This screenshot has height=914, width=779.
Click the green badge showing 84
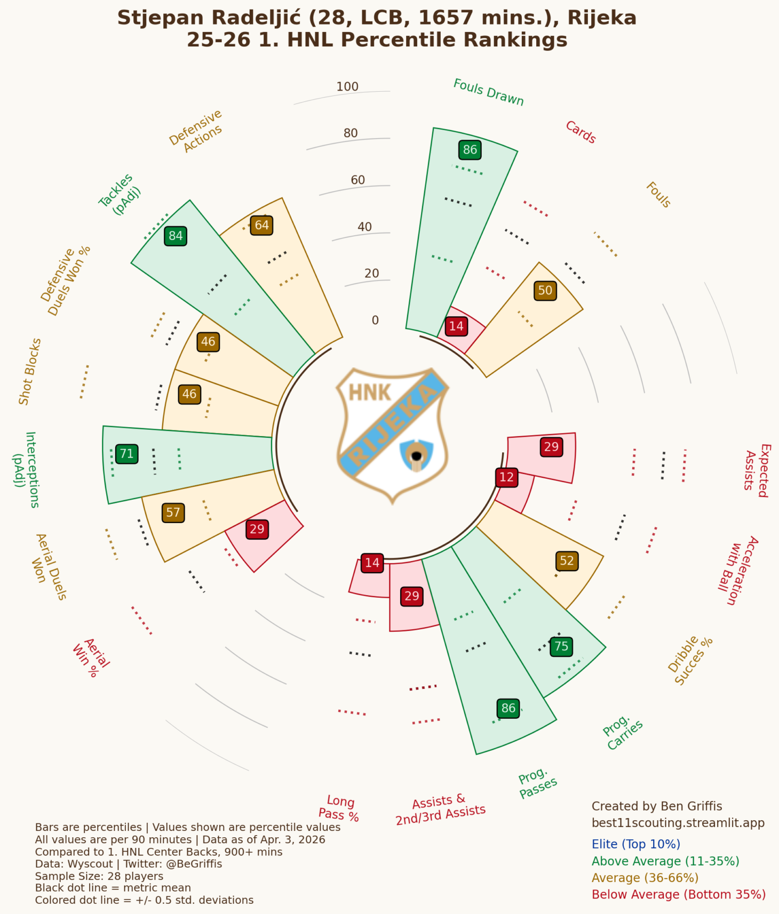pyautogui.click(x=176, y=236)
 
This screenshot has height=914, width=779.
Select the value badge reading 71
pyautogui.click(x=126, y=454)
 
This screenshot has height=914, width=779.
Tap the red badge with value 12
pyautogui.click(x=506, y=477)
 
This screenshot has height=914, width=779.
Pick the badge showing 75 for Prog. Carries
pyautogui.click(x=561, y=646)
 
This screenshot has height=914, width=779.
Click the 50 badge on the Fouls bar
pyautogui.click(x=545, y=291)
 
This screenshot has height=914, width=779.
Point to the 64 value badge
pyautogui.click(x=261, y=225)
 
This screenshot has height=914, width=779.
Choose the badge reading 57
pyautogui.click(x=173, y=513)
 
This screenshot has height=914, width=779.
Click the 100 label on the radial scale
pyautogui.click(x=347, y=87)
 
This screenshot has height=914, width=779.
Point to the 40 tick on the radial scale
pyautogui.click(x=364, y=227)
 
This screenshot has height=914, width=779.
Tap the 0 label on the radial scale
pyautogui.click(x=375, y=320)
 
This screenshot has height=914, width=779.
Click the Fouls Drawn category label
pyautogui.click(x=488, y=92)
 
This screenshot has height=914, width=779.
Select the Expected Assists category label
pyautogui.click(x=757, y=470)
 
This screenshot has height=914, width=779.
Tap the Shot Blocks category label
pyautogui.click(x=30, y=371)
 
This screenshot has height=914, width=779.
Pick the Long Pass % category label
pyautogui.click(x=339, y=807)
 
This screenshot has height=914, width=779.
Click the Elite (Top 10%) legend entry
pyautogui.click(x=635, y=844)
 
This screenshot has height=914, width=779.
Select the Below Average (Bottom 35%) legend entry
pyautogui.click(x=678, y=894)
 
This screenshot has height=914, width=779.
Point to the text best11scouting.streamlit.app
pyautogui.click(x=678, y=823)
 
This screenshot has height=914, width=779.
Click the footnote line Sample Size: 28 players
pyautogui.click(x=99, y=876)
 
